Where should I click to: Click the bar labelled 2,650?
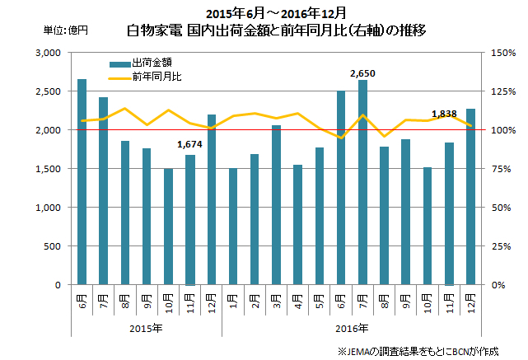[363, 183]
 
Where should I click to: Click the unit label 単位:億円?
[66, 31]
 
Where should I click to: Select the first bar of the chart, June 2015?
[82, 182]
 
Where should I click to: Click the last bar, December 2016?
[470, 197]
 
